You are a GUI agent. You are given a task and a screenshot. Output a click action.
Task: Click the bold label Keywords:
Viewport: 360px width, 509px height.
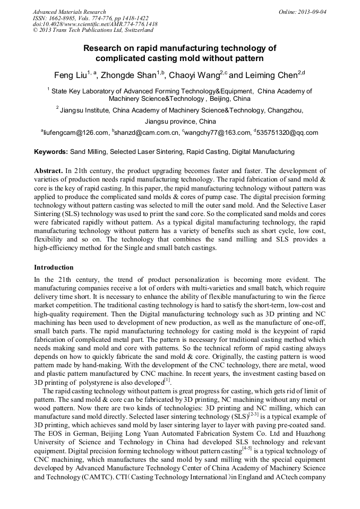[x=51, y=152]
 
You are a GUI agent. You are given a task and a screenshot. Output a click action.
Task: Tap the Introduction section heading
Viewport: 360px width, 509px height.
[x=54, y=267]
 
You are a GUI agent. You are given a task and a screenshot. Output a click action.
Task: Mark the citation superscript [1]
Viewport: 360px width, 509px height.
[x=167, y=379]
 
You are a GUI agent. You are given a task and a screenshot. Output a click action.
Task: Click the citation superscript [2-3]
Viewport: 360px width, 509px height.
[x=256, y=413]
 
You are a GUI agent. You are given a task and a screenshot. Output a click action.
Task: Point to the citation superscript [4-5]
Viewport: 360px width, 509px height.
[x=247, y=447]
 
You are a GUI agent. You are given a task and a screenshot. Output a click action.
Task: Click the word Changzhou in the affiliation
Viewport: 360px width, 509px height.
[x=284, y=110]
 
